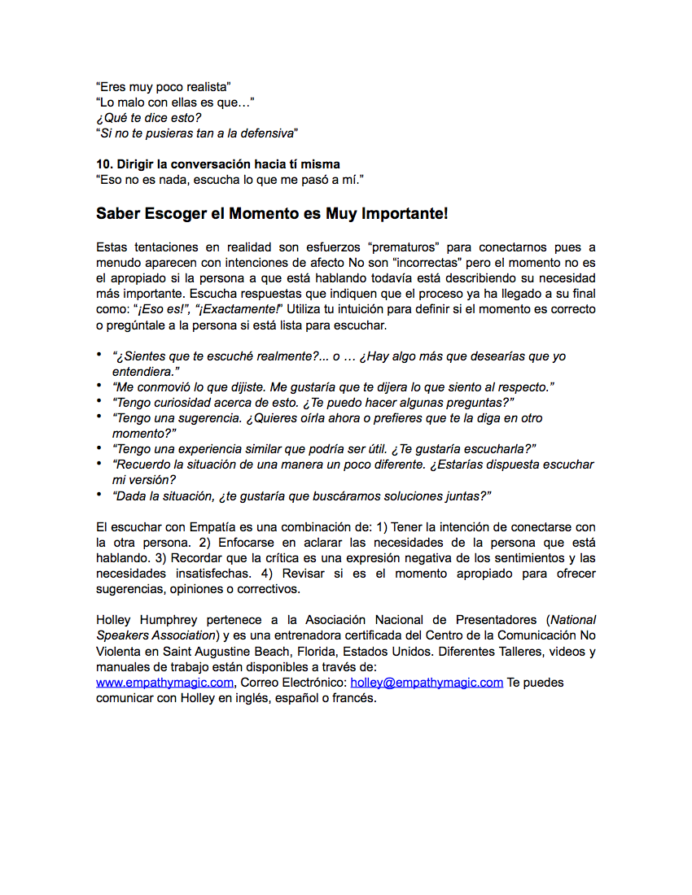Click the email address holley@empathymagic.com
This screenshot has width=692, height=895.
click(x=427, y=683)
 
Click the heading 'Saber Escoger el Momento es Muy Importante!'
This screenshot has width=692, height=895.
click(x=272, y=215)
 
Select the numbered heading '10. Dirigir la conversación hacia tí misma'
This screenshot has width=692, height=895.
click(x=218, y=164)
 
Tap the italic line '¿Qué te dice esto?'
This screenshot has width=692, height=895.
click(x=148, y=117)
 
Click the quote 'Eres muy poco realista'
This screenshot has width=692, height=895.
click(x=164, y=86)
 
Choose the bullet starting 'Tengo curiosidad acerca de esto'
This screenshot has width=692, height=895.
click(x=313, y=403)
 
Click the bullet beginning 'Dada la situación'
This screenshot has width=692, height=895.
click(x=302, y=496)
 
